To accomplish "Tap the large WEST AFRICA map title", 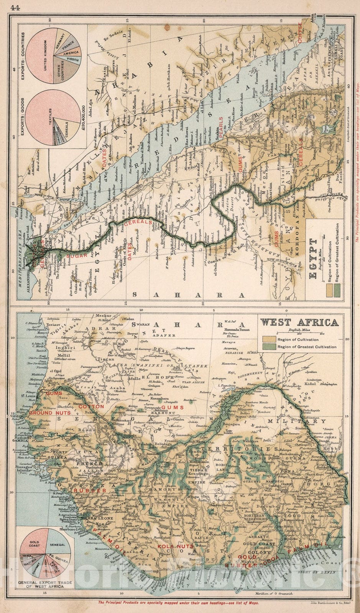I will coord(299,322).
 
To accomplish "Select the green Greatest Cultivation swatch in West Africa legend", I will coord(268,347).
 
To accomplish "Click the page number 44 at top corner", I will coord(16,7).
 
